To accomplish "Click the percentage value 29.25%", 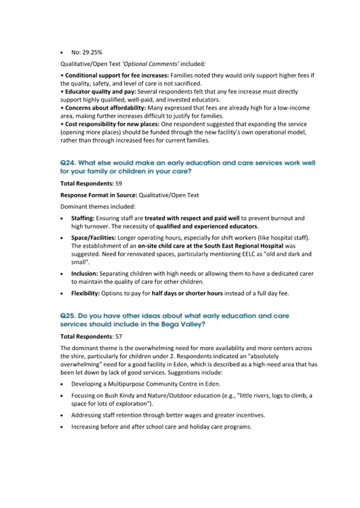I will pyautogui.click(x=92, y=53).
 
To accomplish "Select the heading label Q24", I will pyautogui.click(x=67, y=163).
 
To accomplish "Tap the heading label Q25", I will pyautogui.click(x=67, y=316).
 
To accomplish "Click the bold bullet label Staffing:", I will pyautogui.click(x=83, y=218).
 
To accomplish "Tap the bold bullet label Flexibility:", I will pyautogui.click(x=86, y=293).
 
